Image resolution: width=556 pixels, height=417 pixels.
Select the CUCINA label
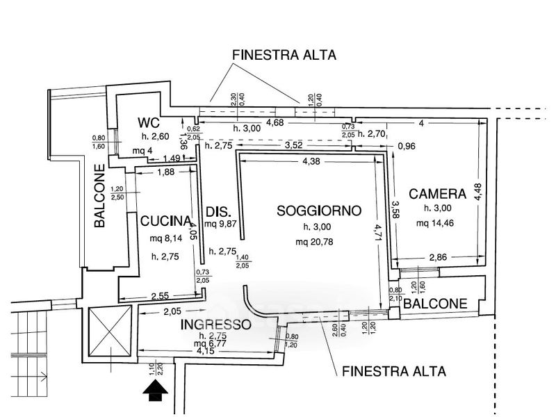[165, 222]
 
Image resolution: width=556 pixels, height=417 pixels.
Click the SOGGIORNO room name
[318, 210]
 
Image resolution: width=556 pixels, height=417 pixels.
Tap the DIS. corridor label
[218, 212]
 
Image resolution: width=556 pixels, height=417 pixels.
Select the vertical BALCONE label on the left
[100, 196]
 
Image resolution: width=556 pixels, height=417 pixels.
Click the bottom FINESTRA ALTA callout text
[394, 370]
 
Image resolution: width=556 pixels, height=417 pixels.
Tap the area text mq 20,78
[320, 242]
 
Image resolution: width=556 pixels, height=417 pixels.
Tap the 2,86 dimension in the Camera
[438, 258]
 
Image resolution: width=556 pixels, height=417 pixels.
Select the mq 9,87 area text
[222, 224]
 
